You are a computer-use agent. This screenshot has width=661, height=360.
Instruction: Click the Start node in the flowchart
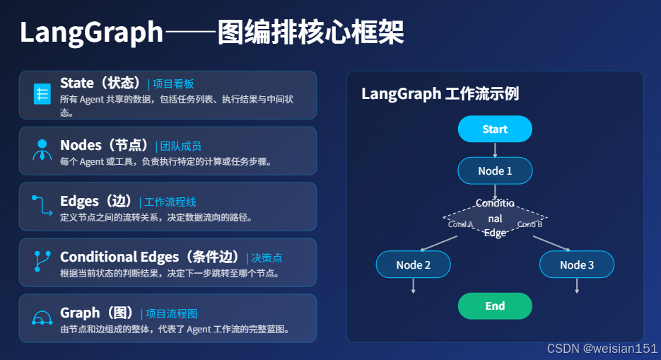(495, 129)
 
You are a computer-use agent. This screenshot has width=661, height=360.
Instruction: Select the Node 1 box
(495, 170)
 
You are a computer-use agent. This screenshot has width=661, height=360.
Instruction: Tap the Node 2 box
(413, 265)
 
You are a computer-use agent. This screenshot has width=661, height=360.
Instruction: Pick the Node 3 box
(577, 265)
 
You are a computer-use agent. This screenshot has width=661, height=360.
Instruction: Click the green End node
(495, 306)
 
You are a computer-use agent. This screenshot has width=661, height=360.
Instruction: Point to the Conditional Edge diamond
(495, 219)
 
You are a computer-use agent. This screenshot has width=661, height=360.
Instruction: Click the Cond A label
(461, 224)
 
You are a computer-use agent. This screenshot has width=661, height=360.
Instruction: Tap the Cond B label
(530, 224)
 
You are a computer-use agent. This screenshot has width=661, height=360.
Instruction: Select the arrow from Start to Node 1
(495, 149)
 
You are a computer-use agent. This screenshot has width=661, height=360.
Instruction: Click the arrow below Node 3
(577, 285)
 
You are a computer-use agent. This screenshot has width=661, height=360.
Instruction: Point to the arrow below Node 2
(413, 285)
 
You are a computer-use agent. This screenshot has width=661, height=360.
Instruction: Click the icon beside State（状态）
(42, 94)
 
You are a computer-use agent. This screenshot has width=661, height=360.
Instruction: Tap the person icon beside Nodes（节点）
(42, 150)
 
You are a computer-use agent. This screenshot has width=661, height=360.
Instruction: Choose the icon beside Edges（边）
(42, 206)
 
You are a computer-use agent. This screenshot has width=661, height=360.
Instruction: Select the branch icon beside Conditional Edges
(42, 261)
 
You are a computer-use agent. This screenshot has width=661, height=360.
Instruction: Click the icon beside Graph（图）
(42, 318)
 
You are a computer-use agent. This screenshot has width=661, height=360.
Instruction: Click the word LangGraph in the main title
(91, 33)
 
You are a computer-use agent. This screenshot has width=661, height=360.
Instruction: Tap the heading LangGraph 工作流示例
(440, 93)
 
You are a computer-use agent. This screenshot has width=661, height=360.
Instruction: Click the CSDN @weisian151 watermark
(602, 349)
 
